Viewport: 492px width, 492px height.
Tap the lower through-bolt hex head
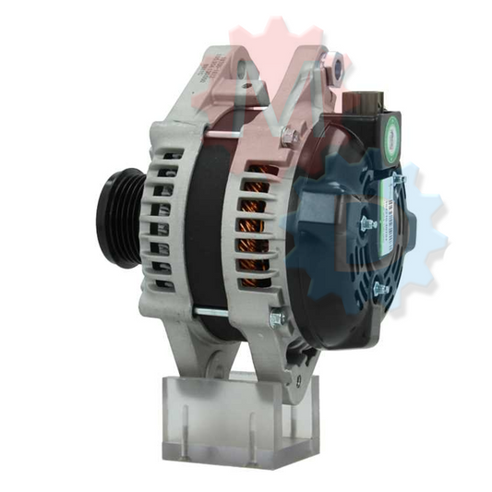(x=277, y=319)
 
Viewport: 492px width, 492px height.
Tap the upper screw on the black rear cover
(x=366, y=222)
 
